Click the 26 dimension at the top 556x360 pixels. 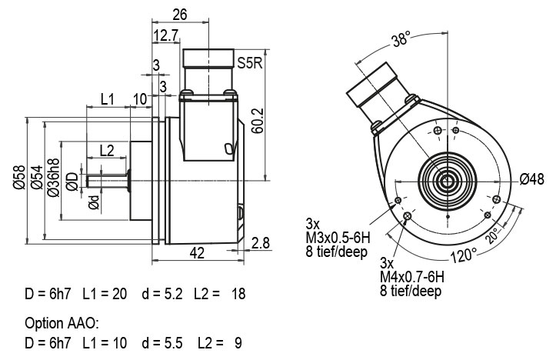[180, 15]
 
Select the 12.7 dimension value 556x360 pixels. [167, 35]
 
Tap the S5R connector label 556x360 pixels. [250, 63]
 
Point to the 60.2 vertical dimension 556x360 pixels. [258, 121]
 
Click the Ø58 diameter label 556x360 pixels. [19, 177]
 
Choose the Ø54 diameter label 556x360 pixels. [36, 177]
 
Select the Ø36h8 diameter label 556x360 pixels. [54, 178]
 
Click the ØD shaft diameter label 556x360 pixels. [72, 182]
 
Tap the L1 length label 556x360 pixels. [108, 99]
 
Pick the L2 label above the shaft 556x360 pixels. [107, 151]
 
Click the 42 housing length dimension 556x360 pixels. [197, 253]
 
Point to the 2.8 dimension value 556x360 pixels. [261, 243]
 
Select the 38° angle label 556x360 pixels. [401, 38]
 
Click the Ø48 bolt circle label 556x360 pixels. [532, 179]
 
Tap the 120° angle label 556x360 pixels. [464, 255]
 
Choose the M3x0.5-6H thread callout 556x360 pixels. [338, 238]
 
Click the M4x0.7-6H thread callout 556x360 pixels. [412, 277]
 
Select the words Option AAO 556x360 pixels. [62, 323]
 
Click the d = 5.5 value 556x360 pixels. [162, 343]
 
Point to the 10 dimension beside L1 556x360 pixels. [141, 99]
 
